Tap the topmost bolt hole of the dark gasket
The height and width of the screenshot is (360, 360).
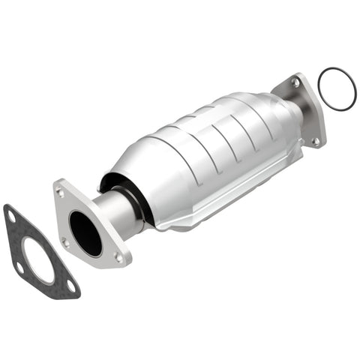point(11,217)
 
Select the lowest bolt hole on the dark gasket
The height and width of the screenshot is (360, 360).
point(70,286)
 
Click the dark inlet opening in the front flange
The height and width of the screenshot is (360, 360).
point(85,233)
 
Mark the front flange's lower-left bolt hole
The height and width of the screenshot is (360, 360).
point(66,241)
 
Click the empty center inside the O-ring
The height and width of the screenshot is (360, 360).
point(335,89)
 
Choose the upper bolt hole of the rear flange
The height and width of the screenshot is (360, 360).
point(296,85)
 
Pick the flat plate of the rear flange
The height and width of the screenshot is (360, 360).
point(308,112)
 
